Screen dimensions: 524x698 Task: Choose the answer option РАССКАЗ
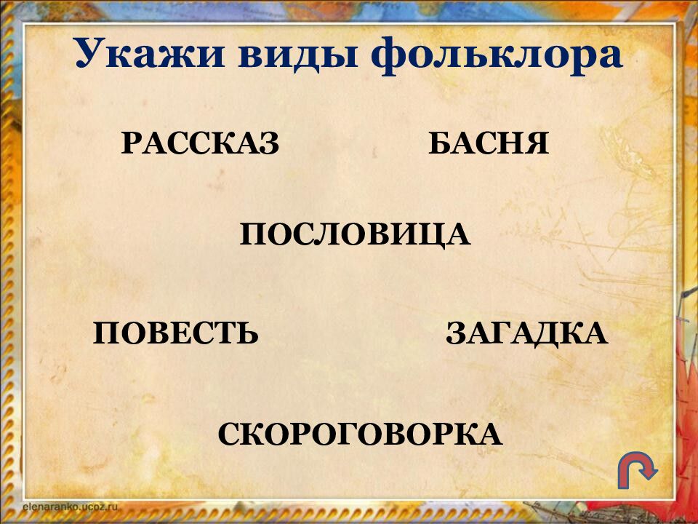[x=200, y=143]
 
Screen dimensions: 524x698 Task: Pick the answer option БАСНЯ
[x=488, y=143]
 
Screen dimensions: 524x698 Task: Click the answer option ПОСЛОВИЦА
[x=356, y=234]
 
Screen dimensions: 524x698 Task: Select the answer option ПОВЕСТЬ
[x=176, y=333]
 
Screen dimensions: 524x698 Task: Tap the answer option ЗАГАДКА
[x=526, y=333]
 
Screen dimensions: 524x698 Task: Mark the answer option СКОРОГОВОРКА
[x=360, y=434]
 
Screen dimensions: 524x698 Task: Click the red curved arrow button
[x=637, y=471]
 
